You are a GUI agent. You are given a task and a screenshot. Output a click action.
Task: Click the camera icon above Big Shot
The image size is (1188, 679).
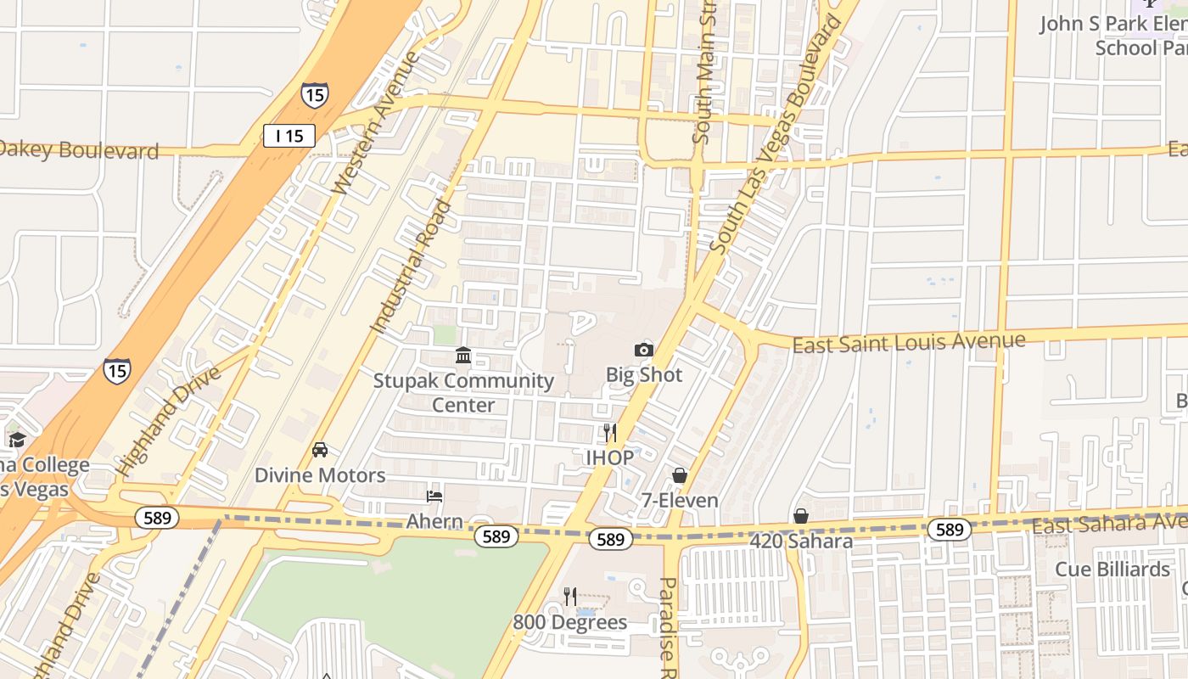(644, 350)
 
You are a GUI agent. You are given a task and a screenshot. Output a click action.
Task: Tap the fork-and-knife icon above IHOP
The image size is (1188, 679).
(609, 433)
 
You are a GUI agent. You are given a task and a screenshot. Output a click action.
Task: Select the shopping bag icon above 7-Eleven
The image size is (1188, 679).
(679, 475)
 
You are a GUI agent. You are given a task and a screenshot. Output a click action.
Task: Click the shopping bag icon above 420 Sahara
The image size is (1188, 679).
(800, 516)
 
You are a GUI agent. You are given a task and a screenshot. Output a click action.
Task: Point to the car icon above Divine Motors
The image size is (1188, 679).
(320, 450)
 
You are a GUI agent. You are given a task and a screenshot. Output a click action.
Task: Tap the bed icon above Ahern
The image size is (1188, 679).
(434, 496)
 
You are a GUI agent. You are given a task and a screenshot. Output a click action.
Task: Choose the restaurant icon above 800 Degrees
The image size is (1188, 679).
(570, 597)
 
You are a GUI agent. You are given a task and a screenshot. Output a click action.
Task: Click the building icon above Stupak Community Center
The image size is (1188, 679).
(463, 355)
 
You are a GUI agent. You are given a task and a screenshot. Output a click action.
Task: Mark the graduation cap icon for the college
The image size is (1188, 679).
(17, 440)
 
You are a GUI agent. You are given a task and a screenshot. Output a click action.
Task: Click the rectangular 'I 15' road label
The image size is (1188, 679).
(289, 136)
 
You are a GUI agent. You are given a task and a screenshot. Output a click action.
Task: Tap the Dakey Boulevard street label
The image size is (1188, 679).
(79, 150)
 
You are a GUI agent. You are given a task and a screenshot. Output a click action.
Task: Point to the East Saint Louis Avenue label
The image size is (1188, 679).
(908, 343)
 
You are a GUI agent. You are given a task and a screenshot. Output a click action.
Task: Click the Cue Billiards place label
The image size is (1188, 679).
(1112, 569)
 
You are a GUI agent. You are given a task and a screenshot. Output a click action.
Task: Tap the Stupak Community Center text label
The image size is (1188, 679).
(463, 392)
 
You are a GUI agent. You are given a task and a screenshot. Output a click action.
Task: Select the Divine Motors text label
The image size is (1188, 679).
(320, 475)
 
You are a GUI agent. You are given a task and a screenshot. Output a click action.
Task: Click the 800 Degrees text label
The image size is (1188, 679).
(569, 622)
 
